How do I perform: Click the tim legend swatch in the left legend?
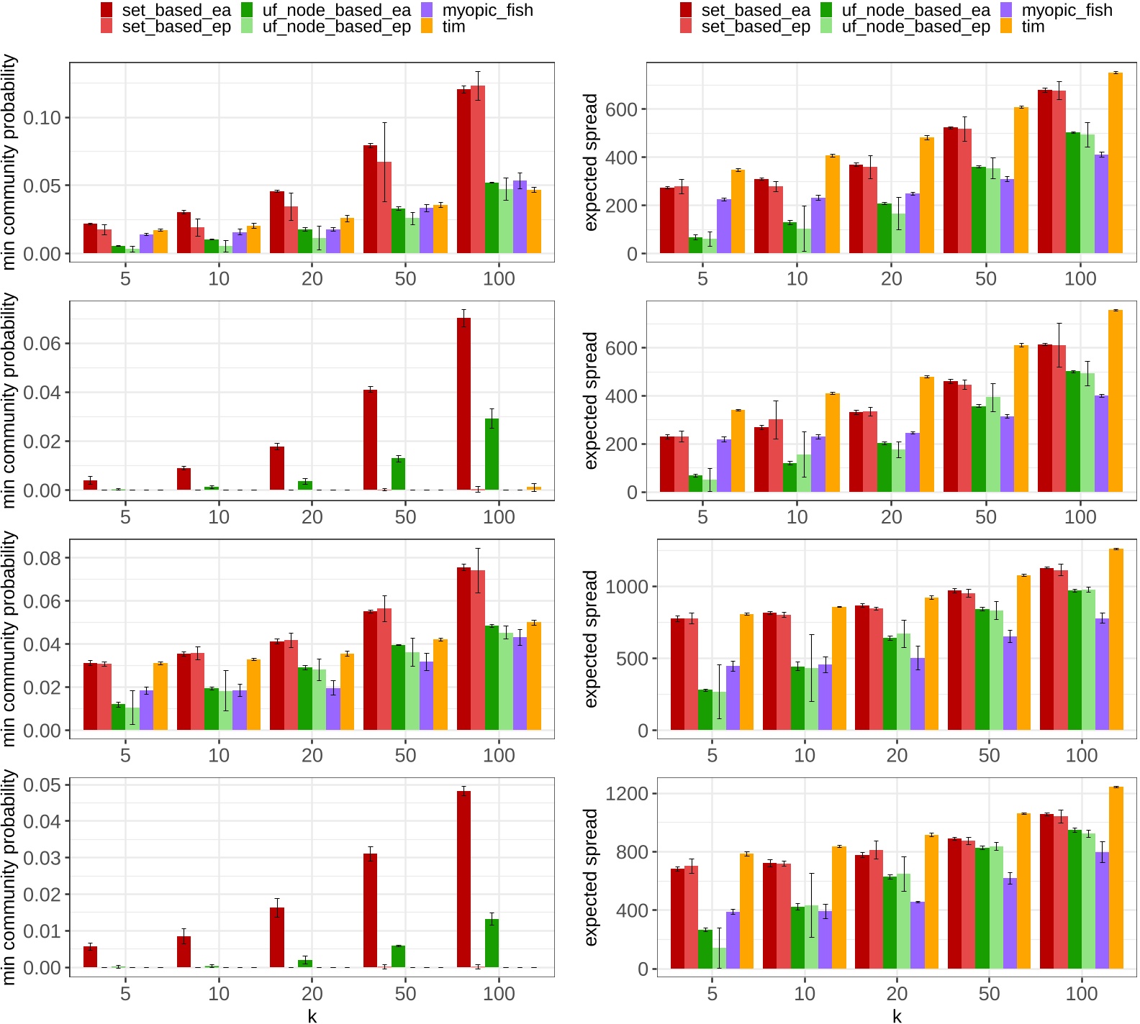427,27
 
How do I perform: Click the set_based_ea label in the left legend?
176,10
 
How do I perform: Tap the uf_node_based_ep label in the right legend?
915,27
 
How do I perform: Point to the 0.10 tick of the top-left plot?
42,118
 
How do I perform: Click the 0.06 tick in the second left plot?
42,344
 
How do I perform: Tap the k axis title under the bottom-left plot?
312,1015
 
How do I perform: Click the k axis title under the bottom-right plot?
897,1015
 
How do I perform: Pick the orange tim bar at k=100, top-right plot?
1116,164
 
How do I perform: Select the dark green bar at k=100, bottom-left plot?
492,943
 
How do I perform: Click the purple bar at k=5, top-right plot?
723,227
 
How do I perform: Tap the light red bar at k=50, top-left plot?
384,209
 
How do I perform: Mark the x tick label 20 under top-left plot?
312,278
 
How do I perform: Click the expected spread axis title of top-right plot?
591,162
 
